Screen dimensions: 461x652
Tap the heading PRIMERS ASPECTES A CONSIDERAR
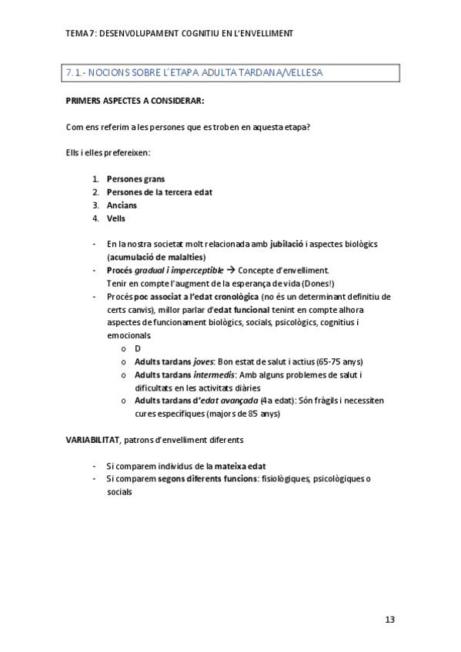pyautogui.click(x=135, y=100)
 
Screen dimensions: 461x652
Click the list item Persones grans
pyautogui.click(x=135, y=178)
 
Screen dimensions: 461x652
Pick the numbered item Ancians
pyautogui.click(x=122, y=205)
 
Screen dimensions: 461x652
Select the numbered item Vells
pyautogui.click(x=116, y=218)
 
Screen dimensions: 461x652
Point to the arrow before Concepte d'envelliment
pyautogui.click(x=229, y=270)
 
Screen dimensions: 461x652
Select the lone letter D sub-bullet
pyautogui.click(x=138, y=348)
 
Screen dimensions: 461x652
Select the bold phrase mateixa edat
pyautogui.click(x=241, y=466)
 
